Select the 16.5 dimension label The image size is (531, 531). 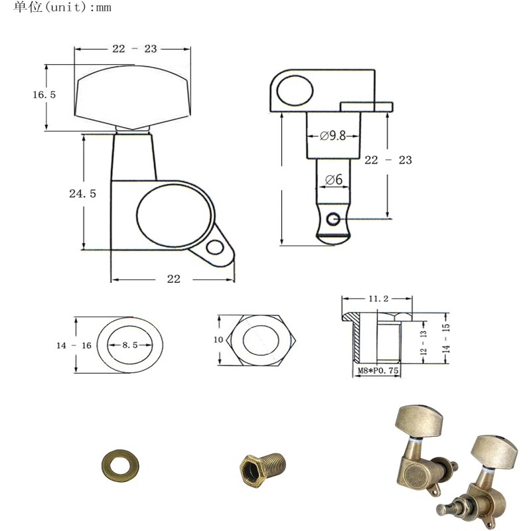44,95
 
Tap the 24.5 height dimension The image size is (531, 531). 83,194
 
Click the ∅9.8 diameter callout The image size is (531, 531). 333,136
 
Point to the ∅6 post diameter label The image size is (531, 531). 333,179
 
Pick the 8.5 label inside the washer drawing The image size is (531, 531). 130,345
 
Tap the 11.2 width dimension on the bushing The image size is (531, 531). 377,299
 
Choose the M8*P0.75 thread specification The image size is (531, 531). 376,372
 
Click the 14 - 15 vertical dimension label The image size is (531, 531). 447,341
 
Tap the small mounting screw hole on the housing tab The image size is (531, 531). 214,248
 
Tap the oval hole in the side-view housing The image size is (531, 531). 293,91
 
